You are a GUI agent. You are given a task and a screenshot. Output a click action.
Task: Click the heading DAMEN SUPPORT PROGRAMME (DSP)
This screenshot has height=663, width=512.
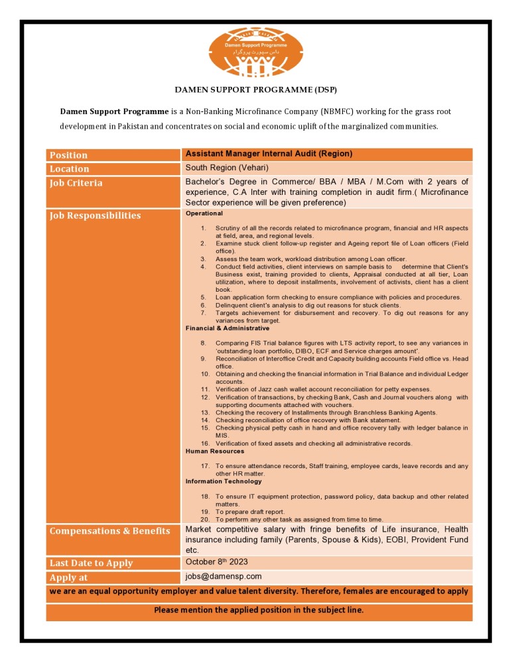(x=255, y=90)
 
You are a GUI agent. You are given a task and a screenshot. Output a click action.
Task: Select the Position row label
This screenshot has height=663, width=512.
(x=69, y=155)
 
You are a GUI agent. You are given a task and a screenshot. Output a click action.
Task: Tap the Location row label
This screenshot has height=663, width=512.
(x=70, y=169)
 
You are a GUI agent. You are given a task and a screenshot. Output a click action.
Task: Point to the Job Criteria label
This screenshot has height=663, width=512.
(x=76, y=183)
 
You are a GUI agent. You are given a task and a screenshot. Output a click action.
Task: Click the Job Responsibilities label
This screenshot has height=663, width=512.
(x=95, y=215)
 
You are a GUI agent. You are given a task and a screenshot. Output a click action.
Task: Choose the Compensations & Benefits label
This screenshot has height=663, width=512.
(x=110, y=531)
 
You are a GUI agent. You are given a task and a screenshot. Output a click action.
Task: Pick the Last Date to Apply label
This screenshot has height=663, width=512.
(x=92, y=563)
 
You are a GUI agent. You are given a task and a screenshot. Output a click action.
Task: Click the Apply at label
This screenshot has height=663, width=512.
(x=69, y=577)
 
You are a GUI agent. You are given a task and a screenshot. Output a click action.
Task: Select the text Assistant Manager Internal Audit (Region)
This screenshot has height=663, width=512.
(x=269, y=154)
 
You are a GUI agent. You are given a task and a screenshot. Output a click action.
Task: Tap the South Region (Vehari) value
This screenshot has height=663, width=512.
(x=227, y=168)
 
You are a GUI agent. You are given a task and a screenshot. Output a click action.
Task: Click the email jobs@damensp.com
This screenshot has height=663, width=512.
(x=224, y=577)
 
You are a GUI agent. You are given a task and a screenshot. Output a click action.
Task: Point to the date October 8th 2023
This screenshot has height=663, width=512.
(x=216, y=562)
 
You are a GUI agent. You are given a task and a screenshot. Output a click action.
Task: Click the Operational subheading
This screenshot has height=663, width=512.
(x=204, y=213)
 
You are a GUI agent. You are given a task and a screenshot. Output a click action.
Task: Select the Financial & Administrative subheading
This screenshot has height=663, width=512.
(x=227, y=328)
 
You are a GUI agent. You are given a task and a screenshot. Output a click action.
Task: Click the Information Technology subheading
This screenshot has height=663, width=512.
(x=224, y=481)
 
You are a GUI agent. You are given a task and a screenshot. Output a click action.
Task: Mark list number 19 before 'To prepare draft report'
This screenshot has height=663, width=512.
(x=205, y=512)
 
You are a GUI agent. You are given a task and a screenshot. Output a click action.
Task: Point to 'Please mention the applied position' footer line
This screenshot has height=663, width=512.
(x=259, y=610)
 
